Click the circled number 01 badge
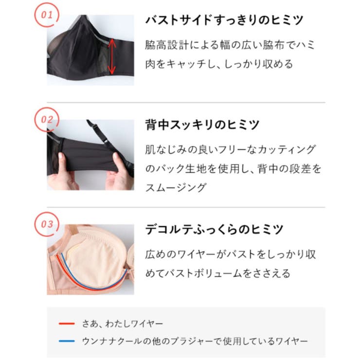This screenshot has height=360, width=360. pyautogui.click(x=46, y=15)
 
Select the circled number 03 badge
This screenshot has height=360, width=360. pyautogui.click(x=46, y=224)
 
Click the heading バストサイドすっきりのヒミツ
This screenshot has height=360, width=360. pyautogui.click(x=224, y=20)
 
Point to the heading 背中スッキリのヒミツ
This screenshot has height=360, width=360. pyautogui.click(x=202, y=125)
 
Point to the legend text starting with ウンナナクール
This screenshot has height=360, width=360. pyautogui.click(x=194, y=341)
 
